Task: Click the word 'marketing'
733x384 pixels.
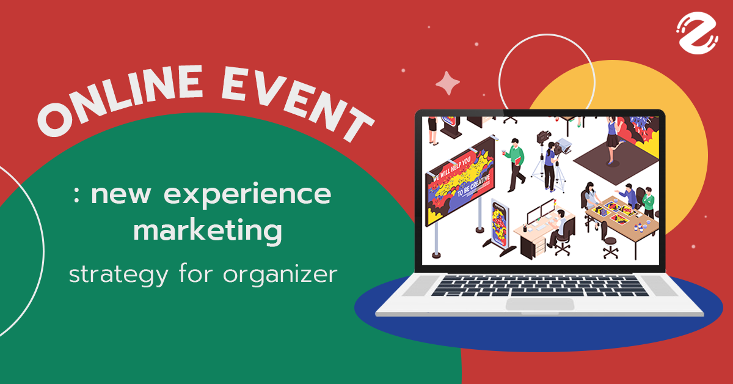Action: tap(208, 232)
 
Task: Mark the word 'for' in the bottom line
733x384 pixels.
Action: tap(199, 275)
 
